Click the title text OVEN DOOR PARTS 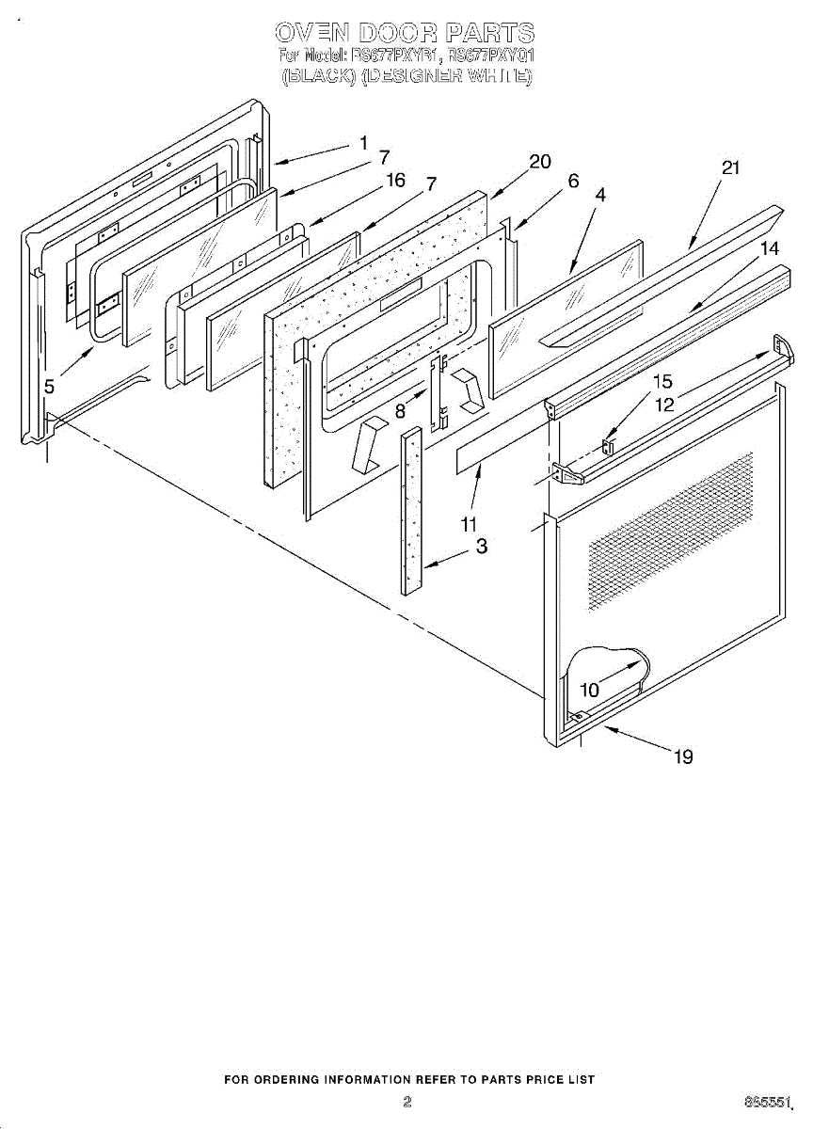click(406, 35)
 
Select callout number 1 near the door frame click(363, 144)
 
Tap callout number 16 click(396, 181)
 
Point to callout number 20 click(539, 162)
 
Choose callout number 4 click(600, 195)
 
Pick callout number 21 click(730, 168)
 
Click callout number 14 click(770, 248)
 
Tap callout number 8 click(401, 410)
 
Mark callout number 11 click(469, 524)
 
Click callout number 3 click(481, 546)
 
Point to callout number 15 click(662, 382)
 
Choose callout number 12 click(665, 405)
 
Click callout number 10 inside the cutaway click(589, 690)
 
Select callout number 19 click(684, 756)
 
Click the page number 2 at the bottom click(407, 1101)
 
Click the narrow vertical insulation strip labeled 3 click(412, 513)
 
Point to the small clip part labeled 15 click(608, 444)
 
